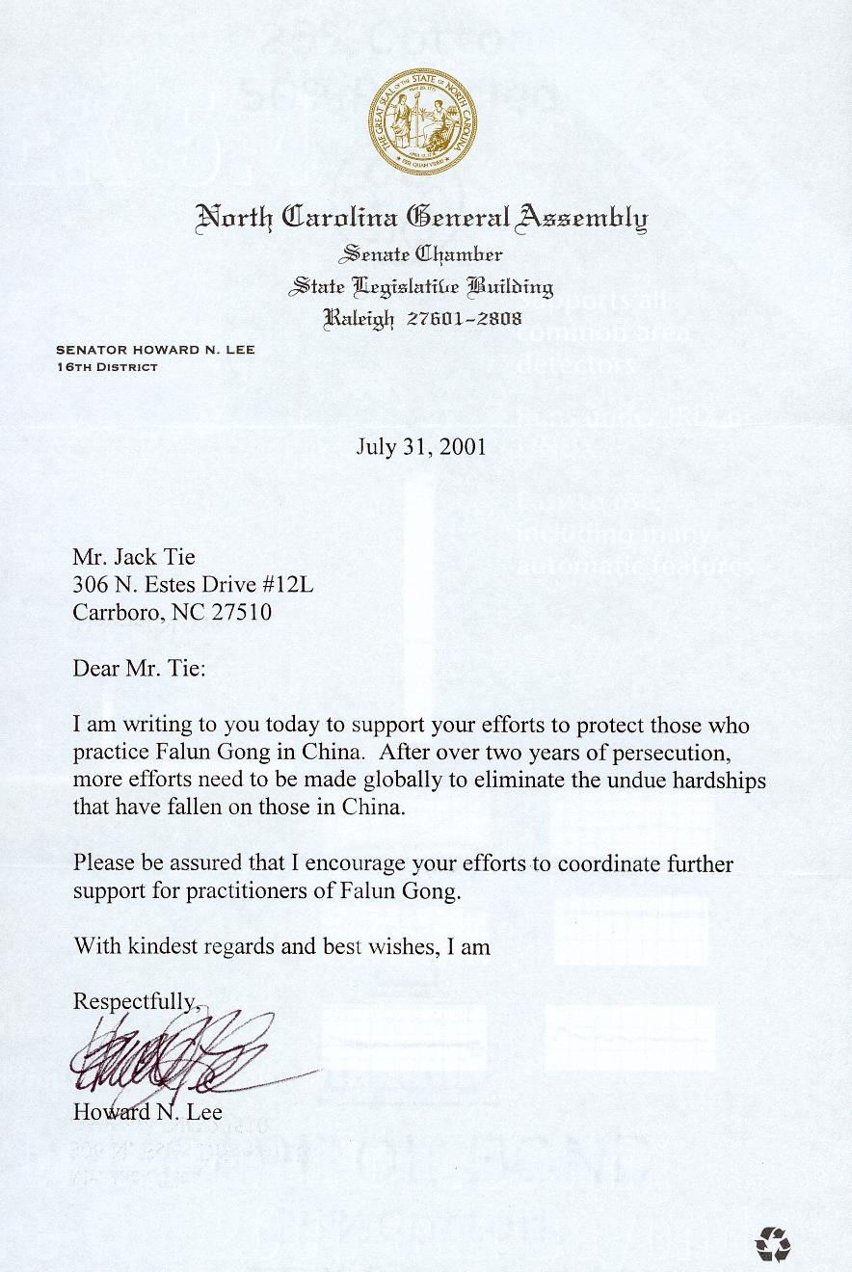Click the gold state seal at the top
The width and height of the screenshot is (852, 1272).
point(420,122)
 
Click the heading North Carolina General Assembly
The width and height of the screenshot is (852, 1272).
point(421,218)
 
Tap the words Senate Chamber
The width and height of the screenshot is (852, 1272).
point(420,254)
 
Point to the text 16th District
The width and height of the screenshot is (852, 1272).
point(107,367)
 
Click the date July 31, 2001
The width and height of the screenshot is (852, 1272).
point(420,447)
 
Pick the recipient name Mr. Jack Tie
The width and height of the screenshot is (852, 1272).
point(134,556)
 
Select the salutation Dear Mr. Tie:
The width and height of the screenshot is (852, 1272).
point(139,668)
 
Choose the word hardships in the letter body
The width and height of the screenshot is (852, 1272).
point(718,781)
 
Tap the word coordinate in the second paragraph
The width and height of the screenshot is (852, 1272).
point(602,864)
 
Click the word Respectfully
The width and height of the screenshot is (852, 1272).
point(135,1002)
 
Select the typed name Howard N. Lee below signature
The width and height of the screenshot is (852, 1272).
point(147,1111)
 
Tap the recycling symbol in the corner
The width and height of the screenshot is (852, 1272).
point(773,1244)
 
